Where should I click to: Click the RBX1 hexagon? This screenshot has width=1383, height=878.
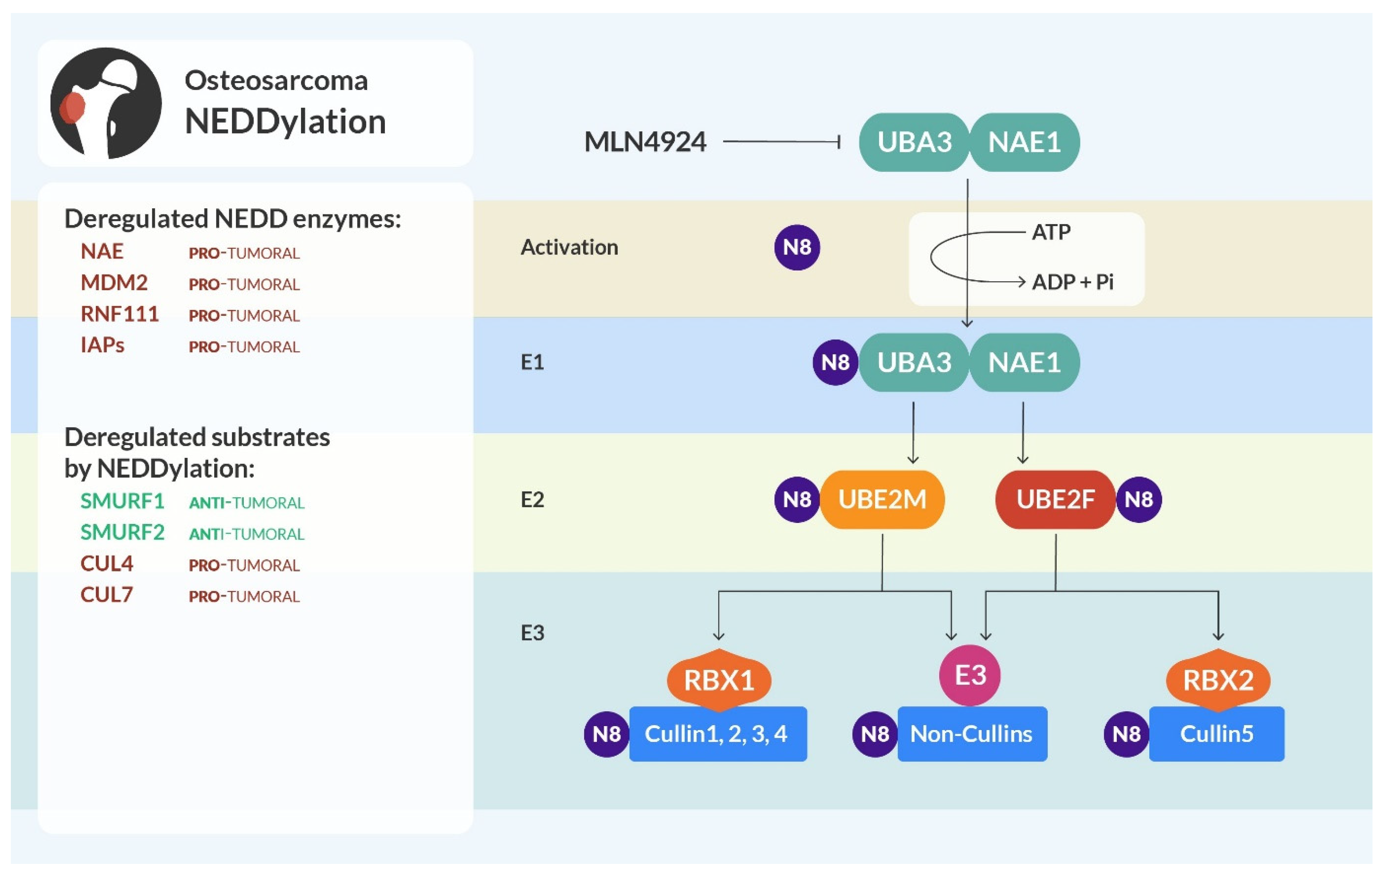(718, 680)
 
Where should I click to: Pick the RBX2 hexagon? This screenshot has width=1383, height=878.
(1218, 680)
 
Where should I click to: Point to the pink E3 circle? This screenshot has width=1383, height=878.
(970, 675)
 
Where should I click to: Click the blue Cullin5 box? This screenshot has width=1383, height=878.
(1217, 734)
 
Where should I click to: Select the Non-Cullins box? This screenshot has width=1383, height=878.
(972, 734)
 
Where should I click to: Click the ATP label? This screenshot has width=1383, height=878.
(1051, 232)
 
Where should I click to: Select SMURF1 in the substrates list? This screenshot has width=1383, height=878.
(122, 501)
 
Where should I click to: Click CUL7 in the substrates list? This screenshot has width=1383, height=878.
(107, 595)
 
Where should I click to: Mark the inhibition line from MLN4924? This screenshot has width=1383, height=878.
(781, 141)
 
